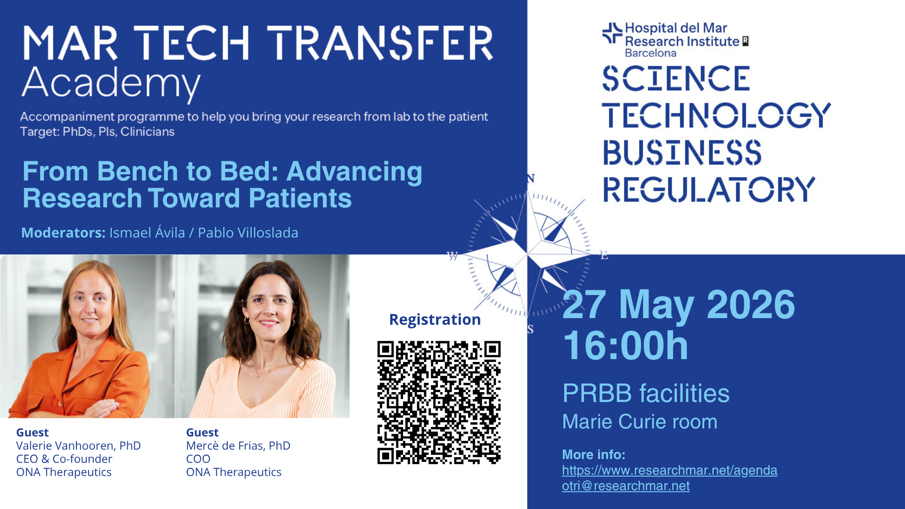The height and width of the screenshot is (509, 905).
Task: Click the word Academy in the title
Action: [x=111, y=84]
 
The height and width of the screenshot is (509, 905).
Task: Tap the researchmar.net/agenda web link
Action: [x=669, y=470]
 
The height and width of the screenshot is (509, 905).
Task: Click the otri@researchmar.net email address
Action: [x=625, y=486]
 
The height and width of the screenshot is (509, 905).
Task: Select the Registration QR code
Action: [x=439, y=402]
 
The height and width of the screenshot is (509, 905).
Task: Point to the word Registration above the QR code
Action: [x=435, y=320]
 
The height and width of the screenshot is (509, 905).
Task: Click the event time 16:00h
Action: [x=625, y=345]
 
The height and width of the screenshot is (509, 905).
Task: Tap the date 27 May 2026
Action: [x=679, y=304]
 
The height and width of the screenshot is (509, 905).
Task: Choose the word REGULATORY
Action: [x=709, y=189]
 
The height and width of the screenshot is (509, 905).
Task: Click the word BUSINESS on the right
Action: [x=682, y=152]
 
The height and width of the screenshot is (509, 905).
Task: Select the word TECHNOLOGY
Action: [x=716, y=115]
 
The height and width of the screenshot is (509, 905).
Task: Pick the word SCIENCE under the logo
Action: [x=676, y=78]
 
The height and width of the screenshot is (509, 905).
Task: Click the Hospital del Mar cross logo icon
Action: [x=612, y=33]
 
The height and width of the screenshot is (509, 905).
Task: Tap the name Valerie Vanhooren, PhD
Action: [x=78, y=446]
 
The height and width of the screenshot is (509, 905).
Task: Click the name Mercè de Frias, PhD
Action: [x=238, y=446]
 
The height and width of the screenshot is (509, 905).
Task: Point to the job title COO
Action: [x=198, y=459]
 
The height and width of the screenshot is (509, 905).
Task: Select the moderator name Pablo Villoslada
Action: [x=248, y=233]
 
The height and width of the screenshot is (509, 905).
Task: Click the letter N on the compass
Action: [x=531, y=179]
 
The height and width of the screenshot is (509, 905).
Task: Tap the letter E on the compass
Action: [x=604, y=255]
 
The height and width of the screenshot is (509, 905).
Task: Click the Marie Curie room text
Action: [x=640, y=422]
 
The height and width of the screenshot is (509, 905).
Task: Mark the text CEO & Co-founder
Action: [x=64, y=459]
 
